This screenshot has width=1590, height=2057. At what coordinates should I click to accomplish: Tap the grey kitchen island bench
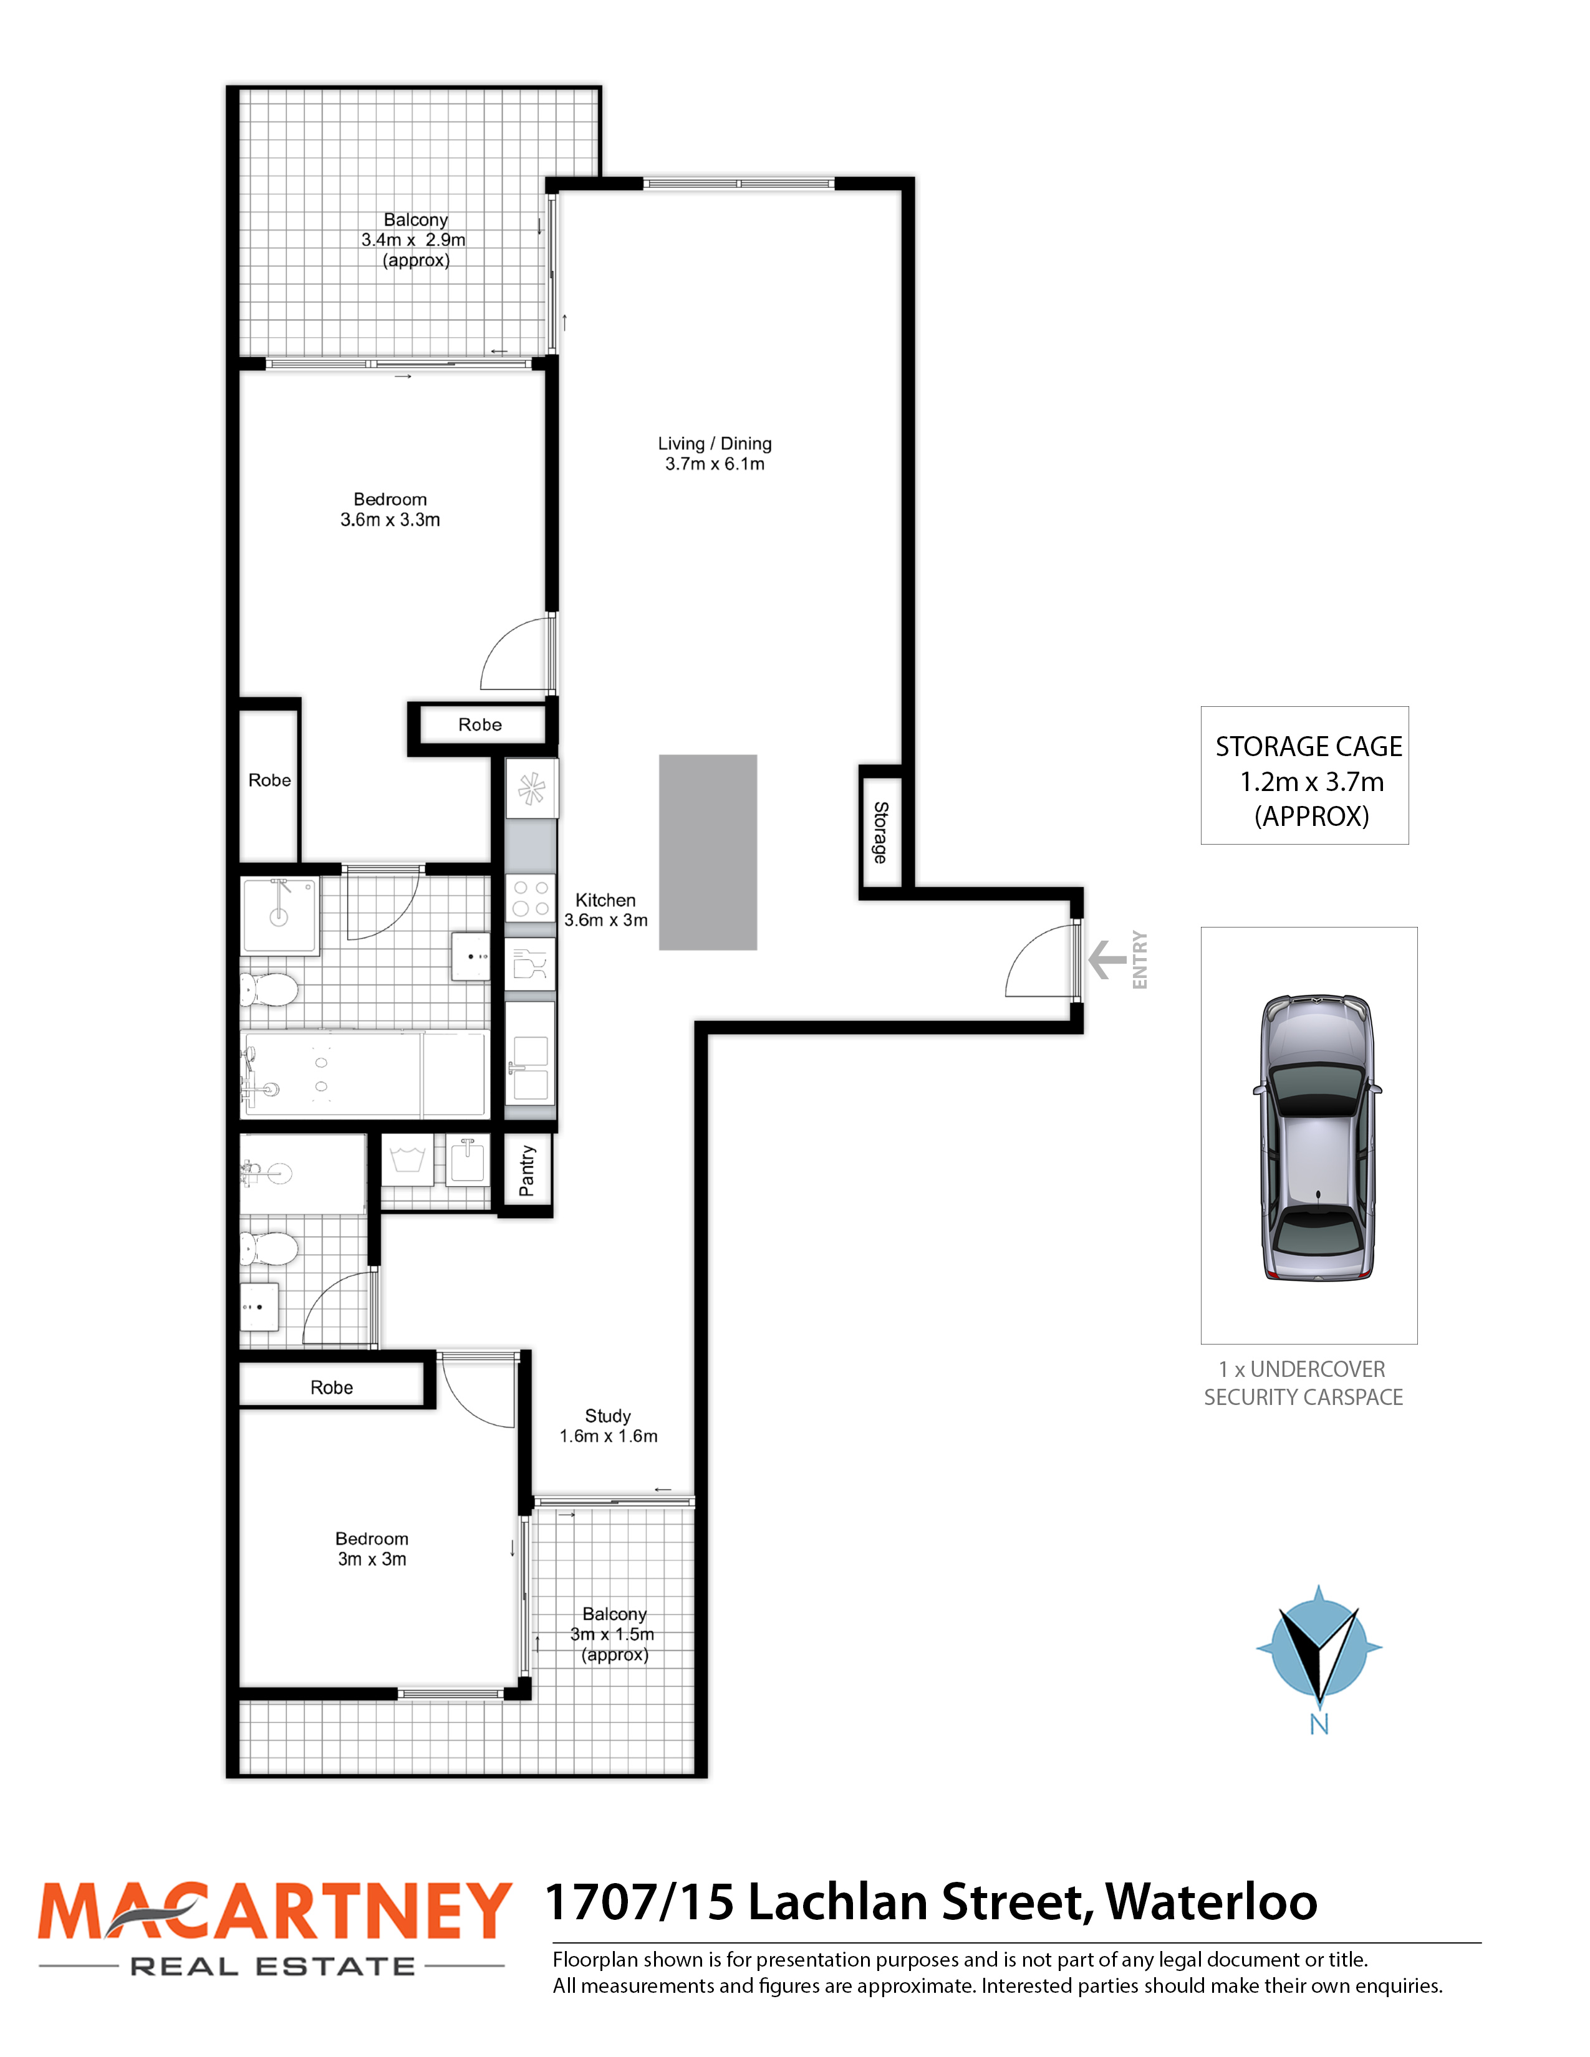tap(708, 852)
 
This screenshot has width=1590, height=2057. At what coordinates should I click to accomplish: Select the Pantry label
tap(526, 1171)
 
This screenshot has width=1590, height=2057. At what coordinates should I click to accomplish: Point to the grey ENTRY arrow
tap(1107, 960)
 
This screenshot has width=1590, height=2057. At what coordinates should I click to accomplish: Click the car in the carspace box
tap(1317, 1137)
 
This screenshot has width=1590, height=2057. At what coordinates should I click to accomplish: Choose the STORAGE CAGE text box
tap(1304, 775)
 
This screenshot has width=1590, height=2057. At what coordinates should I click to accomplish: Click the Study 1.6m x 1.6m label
tap(609, 1426)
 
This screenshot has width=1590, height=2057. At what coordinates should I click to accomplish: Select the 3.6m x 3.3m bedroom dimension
tap(390, 520)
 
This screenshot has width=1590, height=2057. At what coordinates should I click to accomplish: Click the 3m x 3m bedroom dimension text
tap(372, 1559)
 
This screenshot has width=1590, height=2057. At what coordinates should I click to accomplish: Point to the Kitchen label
tap(605, 901)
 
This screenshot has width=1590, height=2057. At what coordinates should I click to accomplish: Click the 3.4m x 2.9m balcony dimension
tap(413, 240)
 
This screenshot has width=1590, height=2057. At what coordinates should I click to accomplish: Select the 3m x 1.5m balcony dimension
tap(612, 1634)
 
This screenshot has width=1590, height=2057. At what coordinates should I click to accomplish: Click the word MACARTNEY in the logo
tap(274, 1911)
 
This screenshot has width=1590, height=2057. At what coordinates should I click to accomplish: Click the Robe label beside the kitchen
tap(479, 724)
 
